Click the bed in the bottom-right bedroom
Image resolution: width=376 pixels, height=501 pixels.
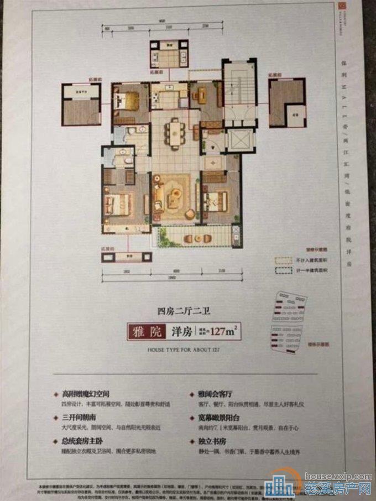click(217, 200)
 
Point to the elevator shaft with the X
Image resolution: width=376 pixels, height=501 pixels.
click(239, 140)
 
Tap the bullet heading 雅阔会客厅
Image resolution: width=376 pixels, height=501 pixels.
click(215, 395)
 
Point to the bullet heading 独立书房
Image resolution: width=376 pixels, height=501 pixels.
click(210, 443)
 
